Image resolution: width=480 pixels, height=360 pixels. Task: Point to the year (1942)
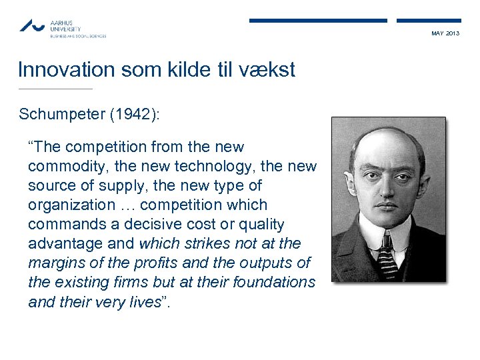click(x=139, y=114)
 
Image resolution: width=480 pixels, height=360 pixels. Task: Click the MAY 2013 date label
click(x=445, y=33)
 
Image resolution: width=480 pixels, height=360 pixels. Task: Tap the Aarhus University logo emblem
click(x=31, y=26)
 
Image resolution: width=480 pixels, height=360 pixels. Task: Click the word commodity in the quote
click(x=61, y=166)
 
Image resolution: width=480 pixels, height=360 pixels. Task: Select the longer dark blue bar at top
click(x=318, y=21)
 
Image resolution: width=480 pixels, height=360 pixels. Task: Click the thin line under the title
click(x=55, y=89)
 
